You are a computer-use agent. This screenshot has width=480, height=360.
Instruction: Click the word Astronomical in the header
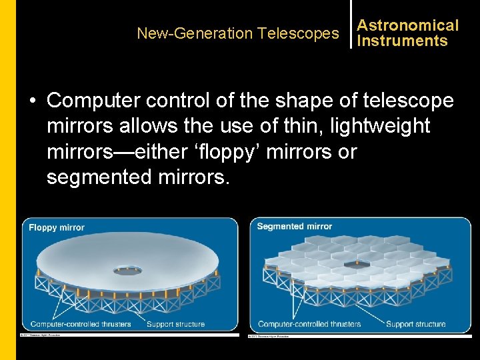point(408,25)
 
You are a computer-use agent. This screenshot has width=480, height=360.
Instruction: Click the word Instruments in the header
point(402,41)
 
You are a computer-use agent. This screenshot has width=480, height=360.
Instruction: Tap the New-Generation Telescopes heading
point(237,33)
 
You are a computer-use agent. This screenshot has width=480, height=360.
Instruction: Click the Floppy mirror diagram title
point(57,227)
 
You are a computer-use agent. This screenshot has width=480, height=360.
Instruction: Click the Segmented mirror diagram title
point(294,227)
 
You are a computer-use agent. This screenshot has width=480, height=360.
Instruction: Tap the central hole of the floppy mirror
point(127,271)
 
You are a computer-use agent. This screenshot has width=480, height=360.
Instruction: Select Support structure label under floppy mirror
point(175,324)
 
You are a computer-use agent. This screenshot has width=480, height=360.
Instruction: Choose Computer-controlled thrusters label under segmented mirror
point(309,324)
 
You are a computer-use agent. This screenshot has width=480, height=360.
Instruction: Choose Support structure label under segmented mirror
point(415,324)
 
